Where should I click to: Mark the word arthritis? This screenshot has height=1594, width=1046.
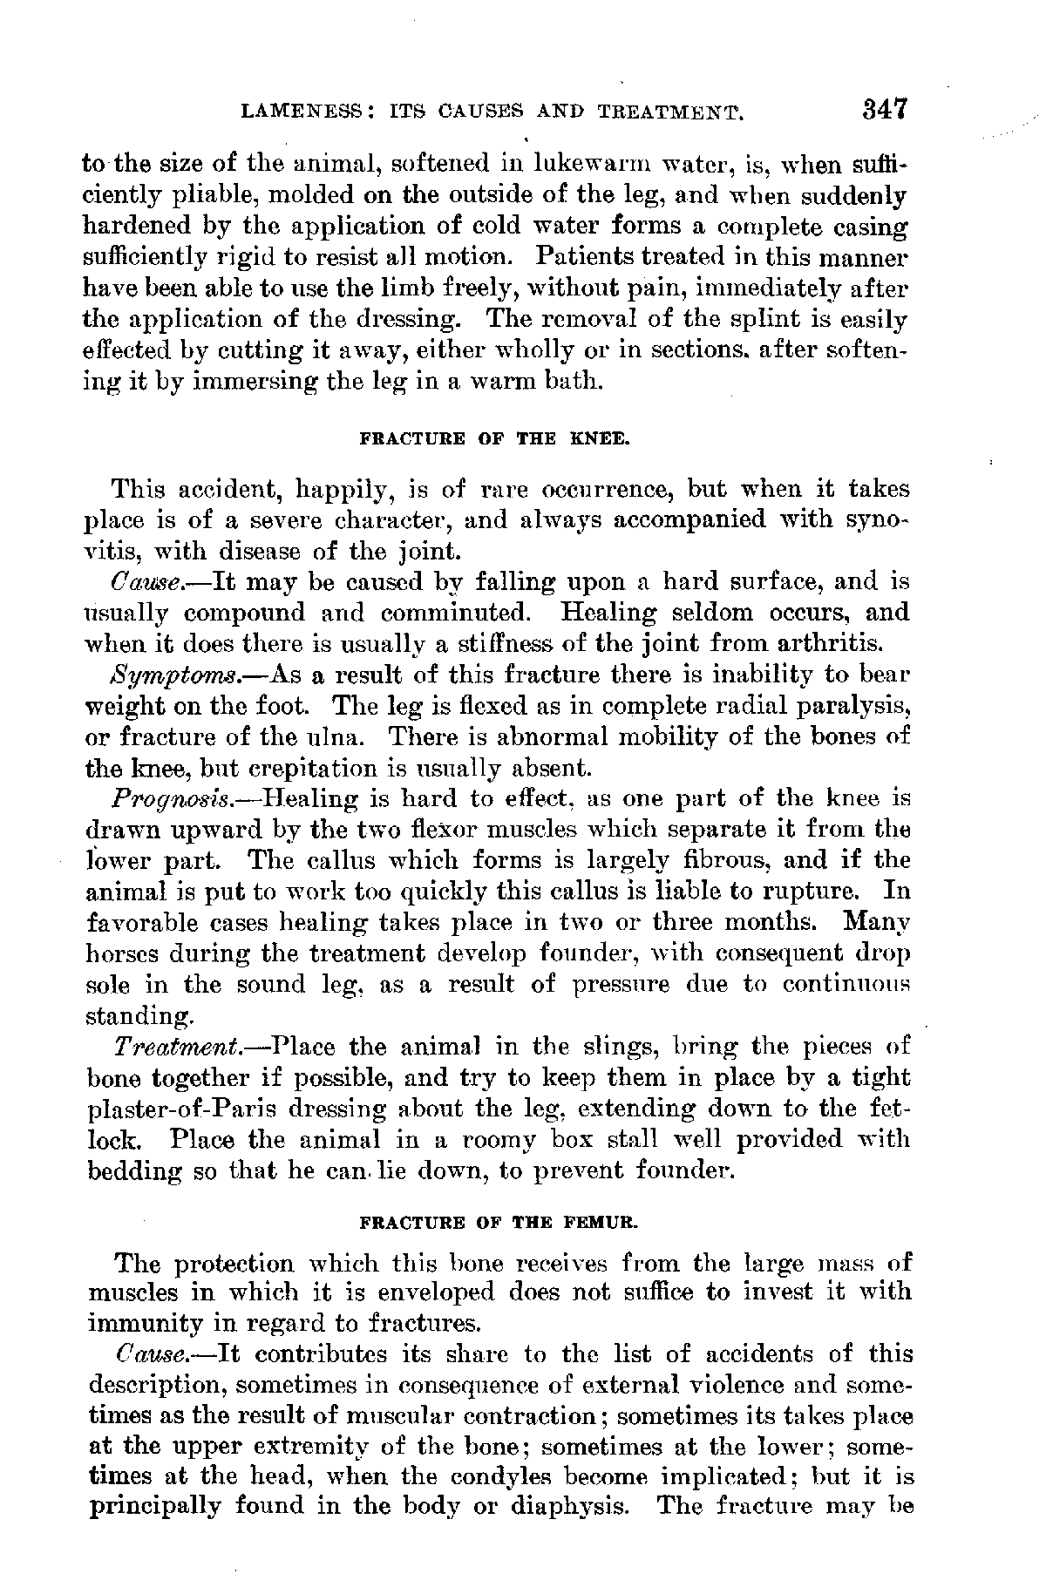(x=829, y=644)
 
